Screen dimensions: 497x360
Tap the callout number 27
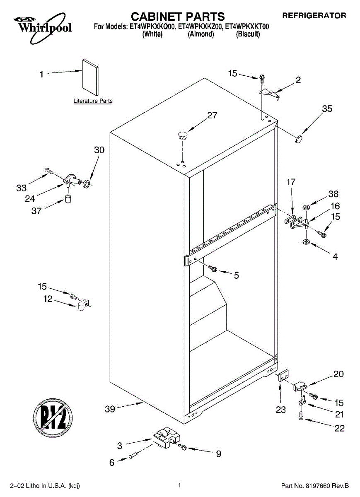[212, 116]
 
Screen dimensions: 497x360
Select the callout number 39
[110, 409]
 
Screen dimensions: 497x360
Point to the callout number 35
[327, 109]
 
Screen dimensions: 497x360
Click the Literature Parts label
[93, 101]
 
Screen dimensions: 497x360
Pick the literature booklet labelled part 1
[90, 78]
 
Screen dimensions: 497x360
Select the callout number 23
[281, 410]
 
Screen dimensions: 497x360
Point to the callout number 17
[291, 181]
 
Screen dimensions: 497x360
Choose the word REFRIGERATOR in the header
[314, 16]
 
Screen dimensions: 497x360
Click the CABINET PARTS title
[178, 17]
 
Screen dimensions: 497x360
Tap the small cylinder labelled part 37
[68, 199]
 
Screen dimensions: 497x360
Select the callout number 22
[339, 428]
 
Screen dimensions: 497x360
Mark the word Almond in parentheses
[201, 34]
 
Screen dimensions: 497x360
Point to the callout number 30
[99, 150]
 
